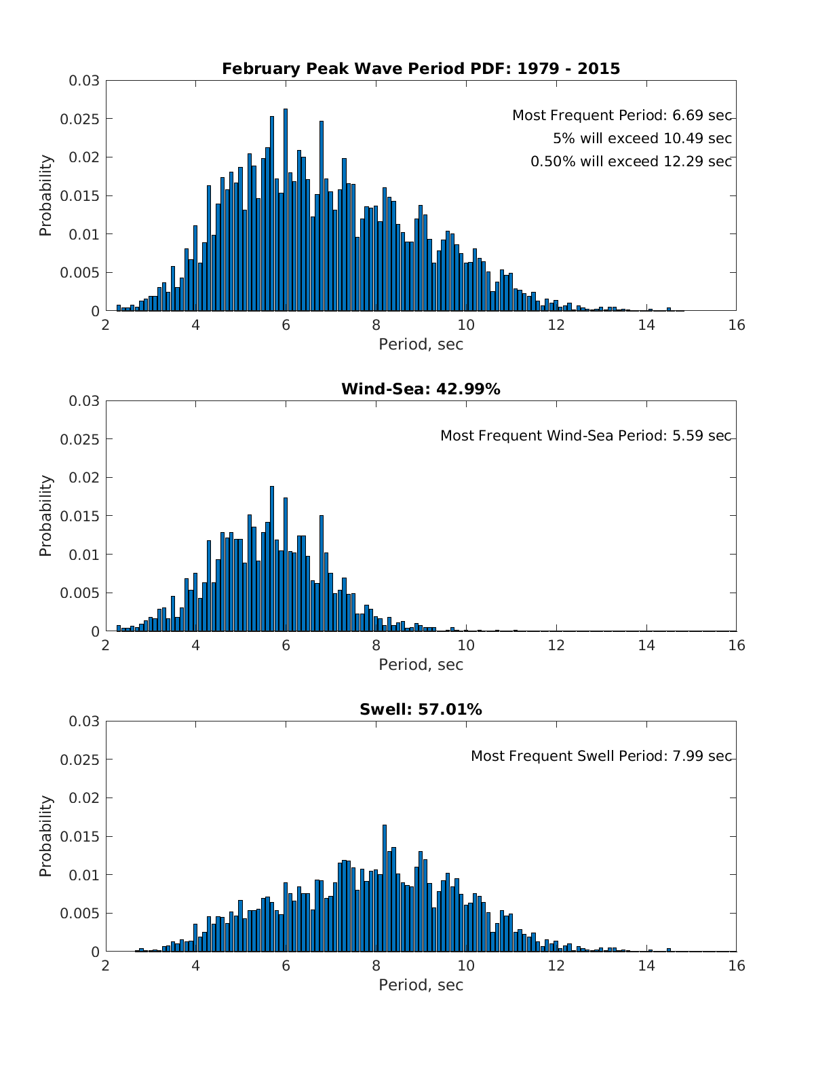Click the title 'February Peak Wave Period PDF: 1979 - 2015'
(421, 69)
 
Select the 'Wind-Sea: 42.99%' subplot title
(421, 389)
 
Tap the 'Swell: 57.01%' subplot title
(421, 709)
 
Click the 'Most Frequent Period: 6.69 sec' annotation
(621, 115)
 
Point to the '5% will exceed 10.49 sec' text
(642, 138)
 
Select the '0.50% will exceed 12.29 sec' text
(631, 162)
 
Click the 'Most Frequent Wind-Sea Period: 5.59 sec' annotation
(585, 436)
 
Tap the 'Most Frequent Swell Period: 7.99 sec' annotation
(601, 756)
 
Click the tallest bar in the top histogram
(286, 210)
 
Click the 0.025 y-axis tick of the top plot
(84, 119)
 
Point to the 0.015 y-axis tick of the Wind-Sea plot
(84, 517)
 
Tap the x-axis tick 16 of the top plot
(736, 325)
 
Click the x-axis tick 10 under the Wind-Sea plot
(466, 645)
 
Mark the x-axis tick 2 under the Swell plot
(106, 966)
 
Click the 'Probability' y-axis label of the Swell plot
(45, 836)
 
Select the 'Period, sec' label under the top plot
(421, 344)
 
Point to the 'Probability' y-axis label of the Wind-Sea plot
(45, 516)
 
